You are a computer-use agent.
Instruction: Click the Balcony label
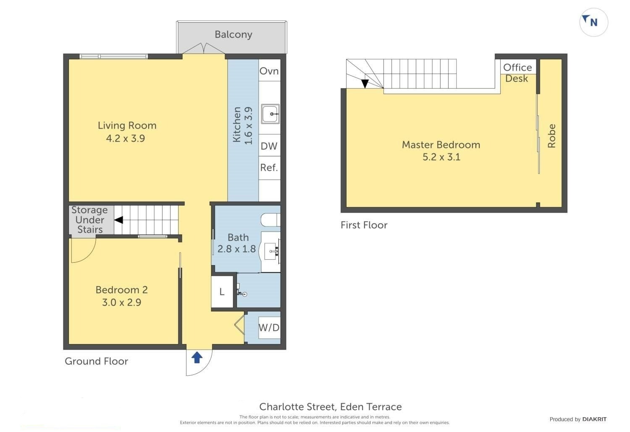pos(234,34)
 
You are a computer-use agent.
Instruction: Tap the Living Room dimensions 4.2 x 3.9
pos(126,138)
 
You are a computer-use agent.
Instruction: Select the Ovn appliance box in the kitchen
pos(270,70)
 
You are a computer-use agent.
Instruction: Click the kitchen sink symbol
pos(270,114)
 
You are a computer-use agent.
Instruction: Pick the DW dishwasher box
pos(270,145)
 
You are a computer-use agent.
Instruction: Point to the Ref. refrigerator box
pos(270,168)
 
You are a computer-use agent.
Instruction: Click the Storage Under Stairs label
pos(90,220)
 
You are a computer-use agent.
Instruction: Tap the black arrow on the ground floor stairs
pos(119,220)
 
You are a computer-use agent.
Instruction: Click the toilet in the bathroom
pos(270,220)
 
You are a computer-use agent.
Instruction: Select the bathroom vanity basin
pos(272,251)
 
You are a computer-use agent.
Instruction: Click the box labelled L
pos(222,292)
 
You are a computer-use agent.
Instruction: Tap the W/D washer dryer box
pos(269,327)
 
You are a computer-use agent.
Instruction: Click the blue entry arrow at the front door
pos(197,358)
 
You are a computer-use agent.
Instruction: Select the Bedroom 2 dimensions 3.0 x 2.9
pos(121,303)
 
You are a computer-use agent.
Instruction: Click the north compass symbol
pos(593,23)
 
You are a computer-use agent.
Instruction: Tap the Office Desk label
pos(517,73)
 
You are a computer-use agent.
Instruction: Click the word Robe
pos(551,136)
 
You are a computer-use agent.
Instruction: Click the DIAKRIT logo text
pos(595,419)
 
